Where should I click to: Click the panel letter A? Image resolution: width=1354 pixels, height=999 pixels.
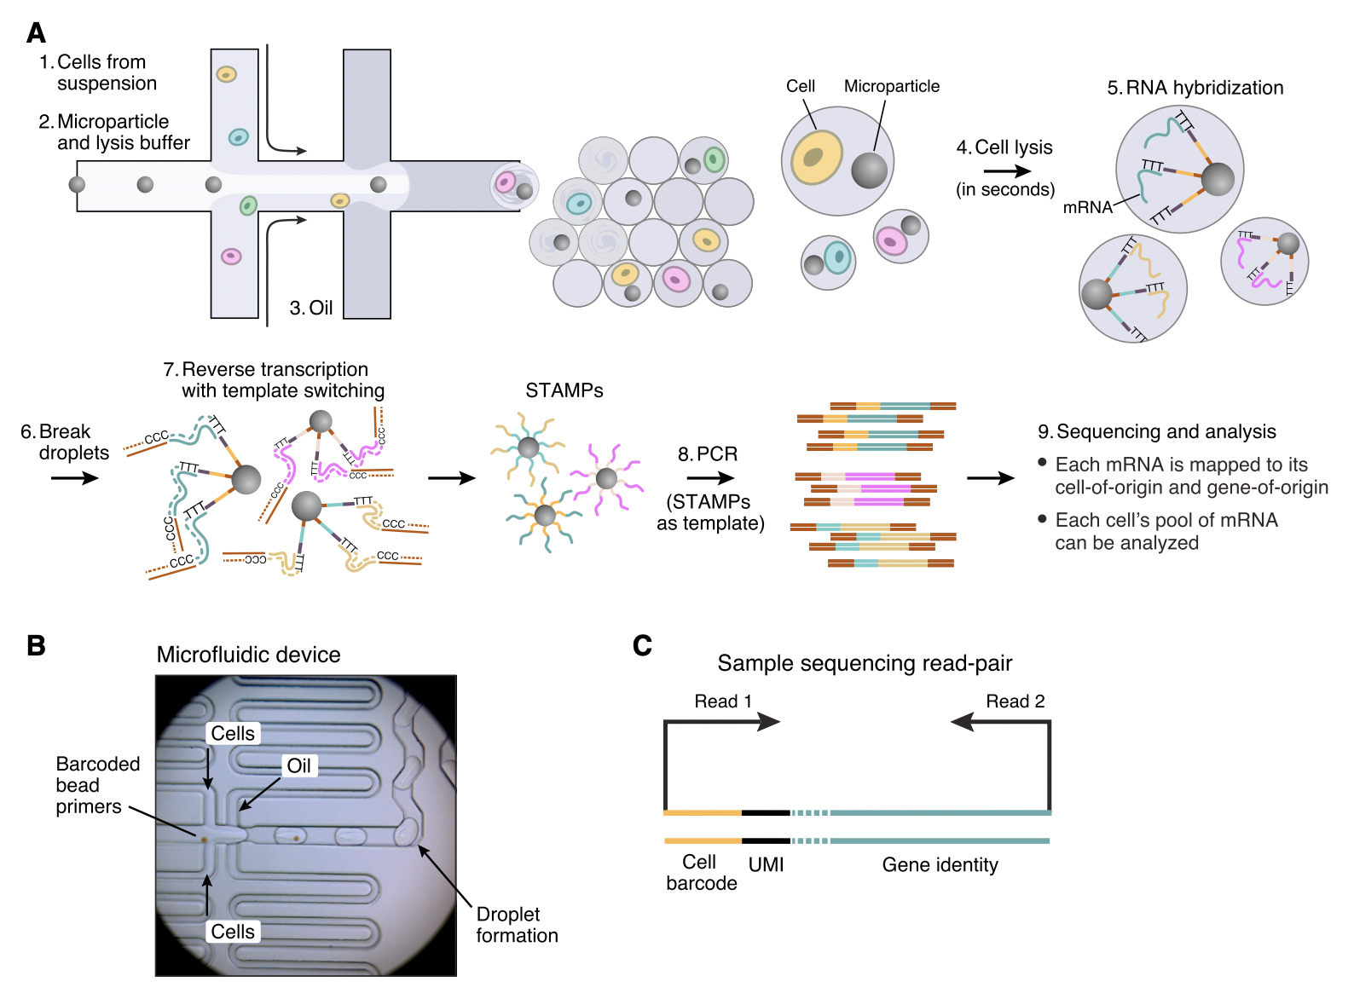[x=36, y=33]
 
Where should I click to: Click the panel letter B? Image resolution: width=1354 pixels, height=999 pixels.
[x=36, y=645]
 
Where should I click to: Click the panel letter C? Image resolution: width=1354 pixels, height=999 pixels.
[x=642, y=645]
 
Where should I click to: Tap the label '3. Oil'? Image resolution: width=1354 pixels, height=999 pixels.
[x=311, y=308]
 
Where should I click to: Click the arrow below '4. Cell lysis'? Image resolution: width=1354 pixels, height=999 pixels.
[x=1007, y=171]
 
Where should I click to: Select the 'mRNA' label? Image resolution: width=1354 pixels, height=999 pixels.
[x=1087, y=207]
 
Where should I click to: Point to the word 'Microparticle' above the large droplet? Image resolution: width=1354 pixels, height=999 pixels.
[x=891, y=86]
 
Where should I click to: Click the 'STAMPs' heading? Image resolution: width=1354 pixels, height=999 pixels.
[x=564, y=390]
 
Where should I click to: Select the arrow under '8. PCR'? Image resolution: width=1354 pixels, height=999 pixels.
[x=710, y=478]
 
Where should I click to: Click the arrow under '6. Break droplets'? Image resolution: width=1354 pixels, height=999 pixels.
[x=74, y=478]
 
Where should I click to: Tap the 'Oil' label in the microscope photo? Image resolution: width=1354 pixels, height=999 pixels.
[x=298, y=765]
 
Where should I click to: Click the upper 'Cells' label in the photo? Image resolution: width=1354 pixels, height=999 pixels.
[x=233, y=733]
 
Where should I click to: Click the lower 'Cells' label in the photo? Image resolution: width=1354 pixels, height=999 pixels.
[x=233, y=932]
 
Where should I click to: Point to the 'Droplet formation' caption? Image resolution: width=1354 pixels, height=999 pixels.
[x=517, y=925]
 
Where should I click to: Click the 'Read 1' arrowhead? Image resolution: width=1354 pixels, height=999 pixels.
[x=768, y=722]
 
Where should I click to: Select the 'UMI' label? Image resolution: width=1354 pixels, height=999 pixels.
[x=766, y=864]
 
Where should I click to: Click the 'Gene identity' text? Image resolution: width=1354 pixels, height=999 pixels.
[x=940, y=864]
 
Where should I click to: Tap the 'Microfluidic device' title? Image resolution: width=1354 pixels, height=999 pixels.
[x=248, y=655]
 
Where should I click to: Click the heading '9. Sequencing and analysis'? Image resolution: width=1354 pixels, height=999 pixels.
[x=1157, y=431]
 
